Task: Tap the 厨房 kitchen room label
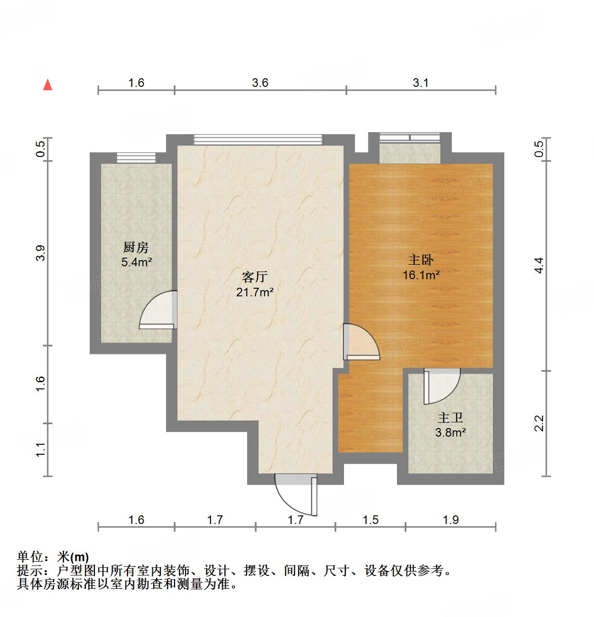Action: pyautogui.click(x=136, y=247)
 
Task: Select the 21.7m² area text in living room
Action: pyautogui.click(x=255, y=292)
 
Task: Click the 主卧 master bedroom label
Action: pyautogui.click(x=421, y=260)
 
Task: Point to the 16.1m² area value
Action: pyautogui.click(x=421, y=275)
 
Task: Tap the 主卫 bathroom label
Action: pyautogui.click(x=450, y=418)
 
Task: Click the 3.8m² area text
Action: pyautogui.click(x=450, y=432)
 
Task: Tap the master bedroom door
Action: pyautogui.click(x=360, y=343)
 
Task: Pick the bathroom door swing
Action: pyautogui.click(x=441, y=385)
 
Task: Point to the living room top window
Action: pyautogui.click(x=258, y=139)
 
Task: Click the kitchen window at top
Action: pyautogui.click(x=136, y=157)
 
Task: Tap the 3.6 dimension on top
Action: pyautogui.click(x=260, y=83)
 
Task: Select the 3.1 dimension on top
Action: pyautogui.click(x=420, y=83)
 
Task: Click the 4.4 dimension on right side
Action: pyautogui.click(x=539, y=265)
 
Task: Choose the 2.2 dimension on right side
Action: pyautogui.click(x=539, y=423)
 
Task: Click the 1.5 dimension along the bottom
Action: pyautogui.click(x=370, y=519)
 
